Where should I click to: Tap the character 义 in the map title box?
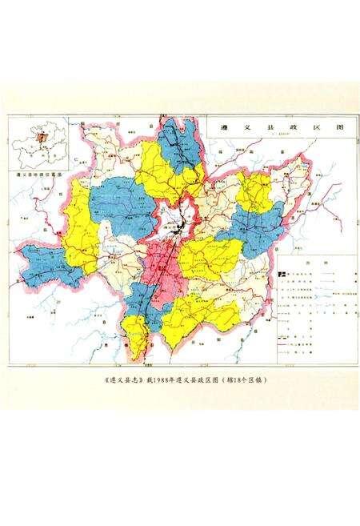246,127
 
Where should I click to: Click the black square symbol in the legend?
282,274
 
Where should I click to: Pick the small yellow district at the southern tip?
137,344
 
